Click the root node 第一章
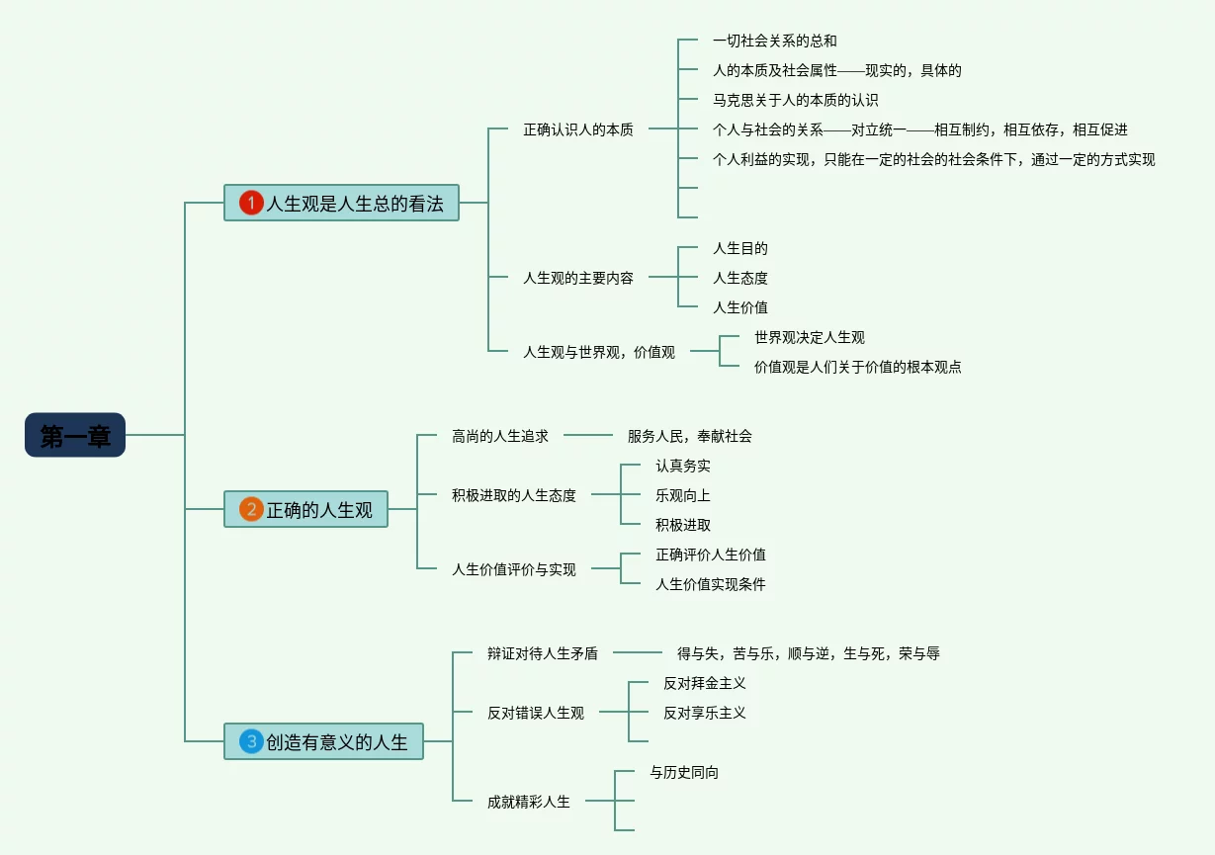[x=75, y=435]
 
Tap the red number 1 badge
[x=251, y=204]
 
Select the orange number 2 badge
[x=251, y=510]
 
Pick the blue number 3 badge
[x=251, y=741]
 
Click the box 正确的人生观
[x=318, y=510]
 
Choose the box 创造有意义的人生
[x=336, y=741]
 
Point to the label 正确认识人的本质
[x=578, y=129]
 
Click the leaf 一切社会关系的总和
[x=775, y=41]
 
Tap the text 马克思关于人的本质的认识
[x=796, y=100]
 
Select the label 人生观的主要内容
[x=578, y=278]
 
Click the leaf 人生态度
[x=740, y=278]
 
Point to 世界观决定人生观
[x=810, y=337]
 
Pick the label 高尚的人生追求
[x=500, y=436]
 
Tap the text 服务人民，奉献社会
[x=690, y=436]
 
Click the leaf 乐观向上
[x=683, y=495]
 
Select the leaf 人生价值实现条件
[x=711, y=584]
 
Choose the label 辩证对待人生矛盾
[x=543, y=653]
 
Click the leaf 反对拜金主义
[x=705, y=683]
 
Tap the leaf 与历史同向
[x=684, y=772]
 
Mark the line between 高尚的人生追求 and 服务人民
[x=588, y=435]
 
